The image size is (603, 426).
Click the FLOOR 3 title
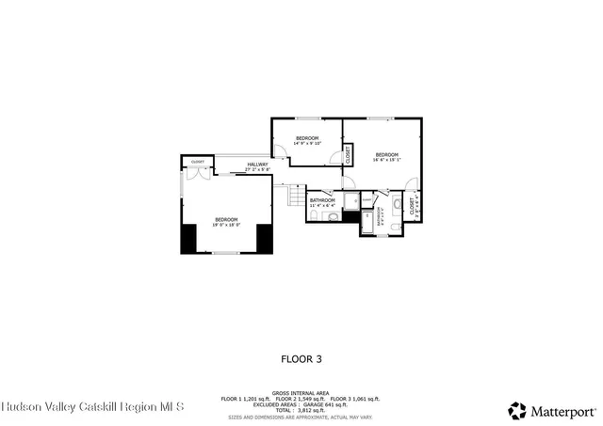(x=301, y=358)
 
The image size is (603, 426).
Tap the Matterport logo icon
(x=517, y=410)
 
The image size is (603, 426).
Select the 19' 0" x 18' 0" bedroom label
(x=225, y=222)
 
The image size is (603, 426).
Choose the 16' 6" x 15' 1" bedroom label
(x=387, y=156)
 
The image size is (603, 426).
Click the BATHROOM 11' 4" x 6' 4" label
(x=323, y=202)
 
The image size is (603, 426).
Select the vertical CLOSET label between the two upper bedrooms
(x=348, y=153)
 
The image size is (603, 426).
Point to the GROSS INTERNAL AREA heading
(x=301, y=393)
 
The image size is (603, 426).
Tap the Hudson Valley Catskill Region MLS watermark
(x=92, y=407)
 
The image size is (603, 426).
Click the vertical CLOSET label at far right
(x=413, y=206)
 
